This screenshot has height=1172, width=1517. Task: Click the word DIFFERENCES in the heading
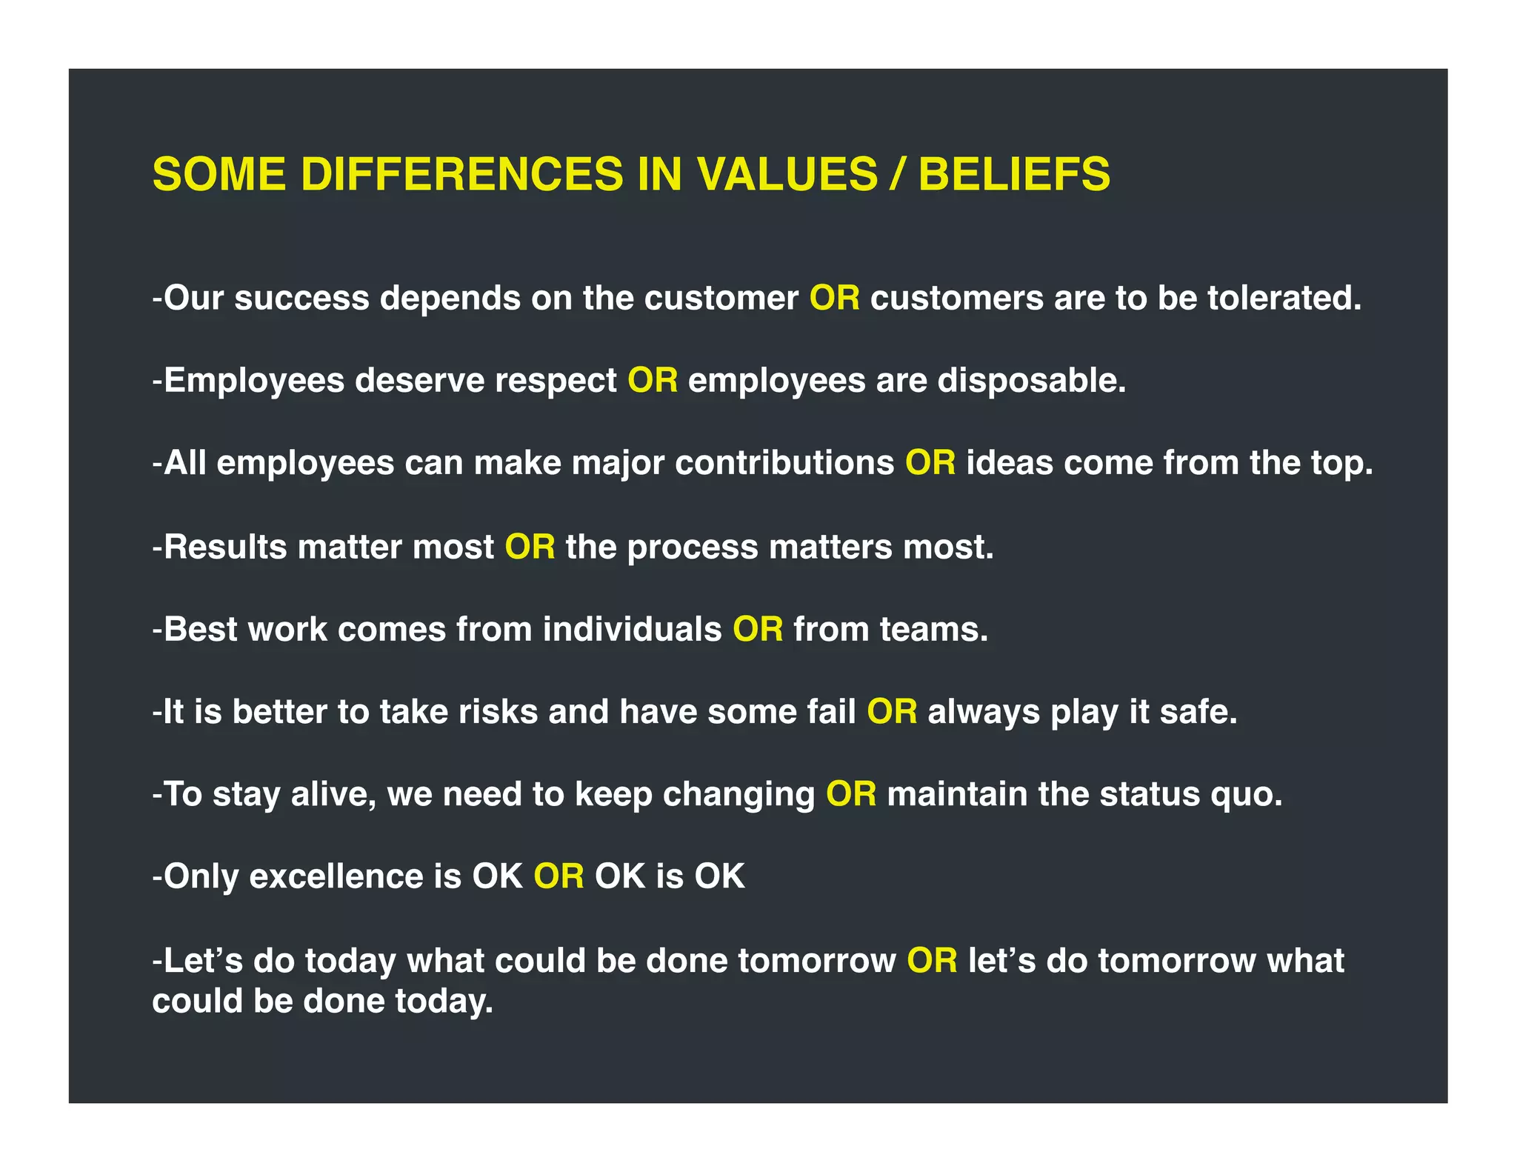pyautogui.click(x=462, y=175)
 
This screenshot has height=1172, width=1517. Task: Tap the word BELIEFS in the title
pyautogui.click(x=1014, y=175)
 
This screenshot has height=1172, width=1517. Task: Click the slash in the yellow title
pyautogui.click(x=898, y=175)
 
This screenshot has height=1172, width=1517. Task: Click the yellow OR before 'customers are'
pyautogui.click(x=834, y=298)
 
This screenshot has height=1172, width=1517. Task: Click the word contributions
pyautogui.click(x=784, y=463)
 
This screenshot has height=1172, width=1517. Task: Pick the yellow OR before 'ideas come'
pyautogui.click(x=930, y=463)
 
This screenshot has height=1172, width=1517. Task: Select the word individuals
pyautogui.click(x=632, y=630)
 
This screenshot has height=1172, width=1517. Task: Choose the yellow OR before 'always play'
pyautogui.click(x=892, y=712)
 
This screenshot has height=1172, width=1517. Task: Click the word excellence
pyautogui.click(x=336, y=876)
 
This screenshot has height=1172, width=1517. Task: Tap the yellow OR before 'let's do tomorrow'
pyautogui.click(x=932, y=961)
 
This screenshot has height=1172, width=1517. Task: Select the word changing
pyautogui.click(x=739, y=795)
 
